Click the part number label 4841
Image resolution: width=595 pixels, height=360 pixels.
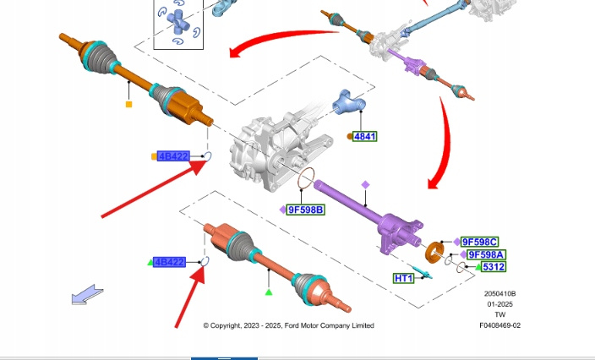pos(365,136)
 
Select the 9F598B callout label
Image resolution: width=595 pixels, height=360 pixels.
pos(305,209)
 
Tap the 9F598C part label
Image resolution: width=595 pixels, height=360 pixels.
pos(480,242)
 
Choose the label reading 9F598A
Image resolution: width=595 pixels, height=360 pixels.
pos(487,254)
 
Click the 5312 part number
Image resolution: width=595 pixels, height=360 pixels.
pos(494,267)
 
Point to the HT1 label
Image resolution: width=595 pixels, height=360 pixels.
pos(404,278)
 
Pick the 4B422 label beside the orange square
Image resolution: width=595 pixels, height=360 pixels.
pos(173,156)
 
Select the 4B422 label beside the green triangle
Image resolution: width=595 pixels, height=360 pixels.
pos(169,262)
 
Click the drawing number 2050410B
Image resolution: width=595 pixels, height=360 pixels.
pos(499,294)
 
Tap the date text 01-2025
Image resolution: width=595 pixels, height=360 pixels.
pos(499,304)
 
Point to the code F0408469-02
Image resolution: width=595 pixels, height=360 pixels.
pos(499,325)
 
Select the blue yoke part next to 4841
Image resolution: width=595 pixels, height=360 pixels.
pos(347,105)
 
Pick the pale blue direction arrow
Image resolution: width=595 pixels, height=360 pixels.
pos(87,296)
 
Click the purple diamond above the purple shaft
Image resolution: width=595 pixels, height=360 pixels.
pos(366,184)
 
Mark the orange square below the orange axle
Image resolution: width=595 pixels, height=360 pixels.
pos(128,105)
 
